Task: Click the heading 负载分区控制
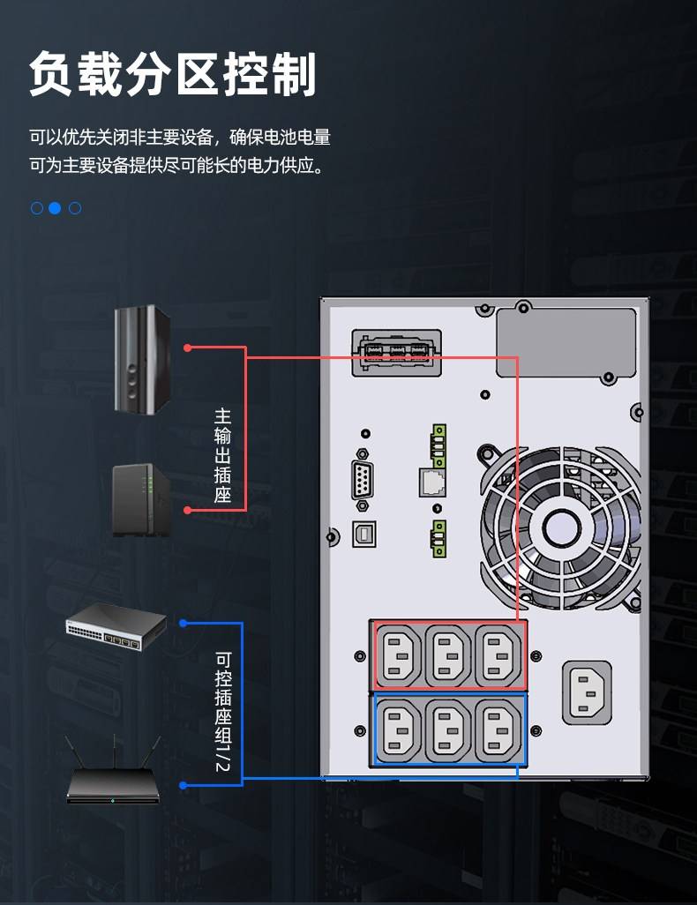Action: tap(173, 74)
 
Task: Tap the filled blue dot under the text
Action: tap(55, 208)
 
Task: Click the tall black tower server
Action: tap(142, 359)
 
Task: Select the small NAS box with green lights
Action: tap(141, 500)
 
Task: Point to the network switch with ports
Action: tap(116, 627)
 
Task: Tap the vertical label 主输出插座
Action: tap(222, 455)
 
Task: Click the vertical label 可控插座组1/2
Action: tap(223, 711)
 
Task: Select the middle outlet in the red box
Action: tap(448, 656)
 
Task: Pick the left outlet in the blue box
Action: tap(399, 730)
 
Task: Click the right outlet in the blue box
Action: tap(498, 730)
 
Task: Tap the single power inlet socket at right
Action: tap(587, 692)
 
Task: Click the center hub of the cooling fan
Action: tap(560, 527)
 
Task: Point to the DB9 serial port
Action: tap(362, 479)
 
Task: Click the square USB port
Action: tap(364, 534)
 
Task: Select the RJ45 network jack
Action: tap(432, 482)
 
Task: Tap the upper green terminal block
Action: tap(438, 445)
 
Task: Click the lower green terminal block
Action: tap(438, 538)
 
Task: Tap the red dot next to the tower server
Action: tap(187, 348)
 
